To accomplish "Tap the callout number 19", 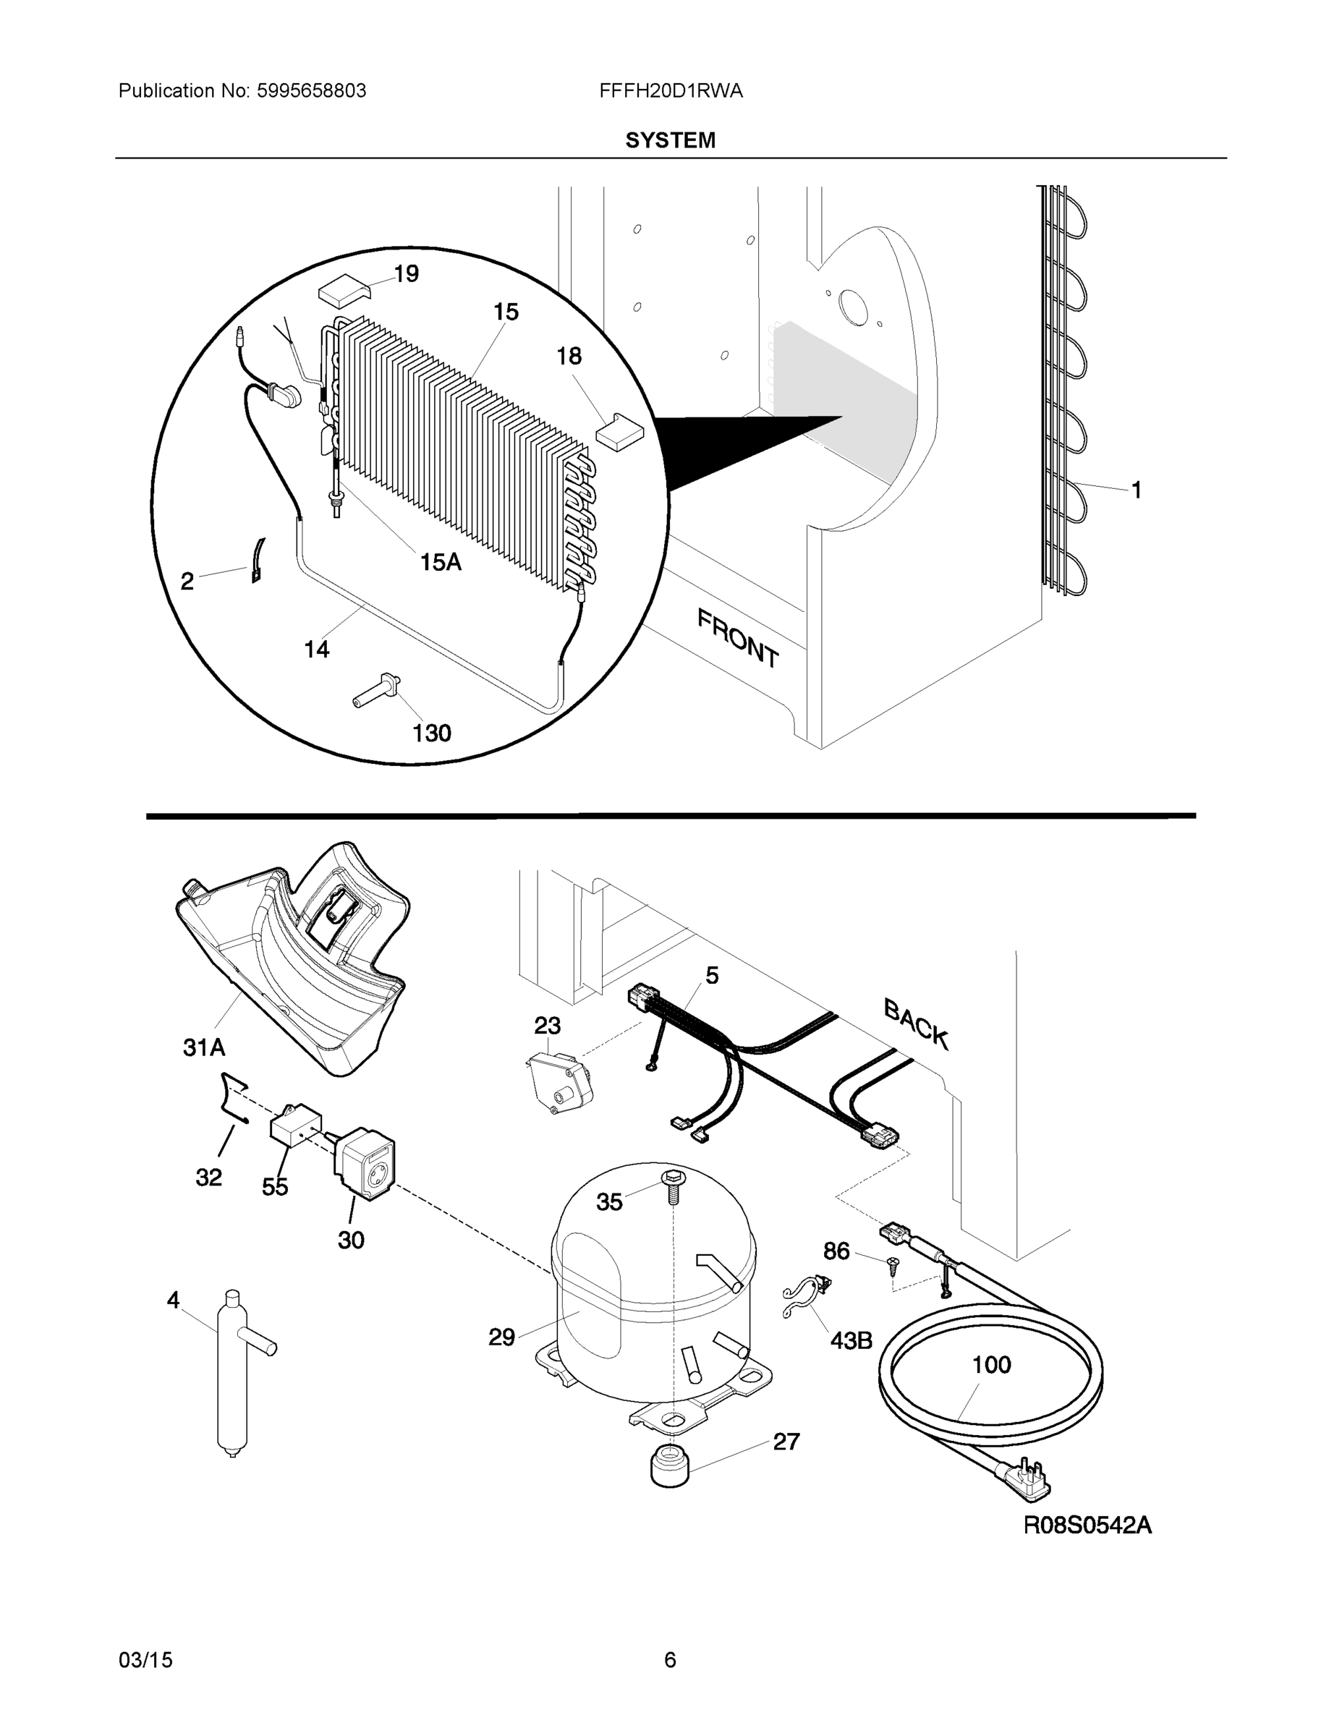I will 407,273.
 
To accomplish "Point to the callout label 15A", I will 441,562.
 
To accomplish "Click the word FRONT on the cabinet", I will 738,637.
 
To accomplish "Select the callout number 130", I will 432,732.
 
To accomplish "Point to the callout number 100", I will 991,1365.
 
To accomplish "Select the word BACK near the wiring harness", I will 916,1024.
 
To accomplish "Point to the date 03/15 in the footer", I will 145,1660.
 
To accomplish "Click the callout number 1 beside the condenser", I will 1136,490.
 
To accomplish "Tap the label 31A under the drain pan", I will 204,1047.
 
